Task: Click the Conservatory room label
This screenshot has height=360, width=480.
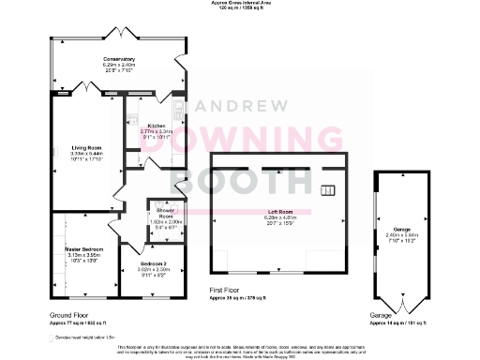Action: (x=119, y=59)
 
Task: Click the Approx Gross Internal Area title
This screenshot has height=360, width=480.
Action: (x=238, y=4)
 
